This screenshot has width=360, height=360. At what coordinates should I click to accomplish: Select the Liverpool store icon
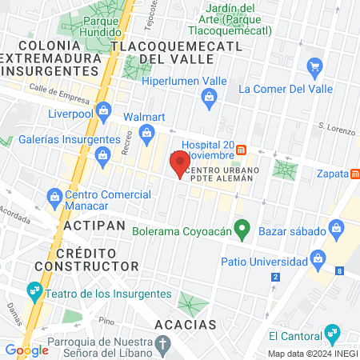pyautogui.click(x=102, y=110)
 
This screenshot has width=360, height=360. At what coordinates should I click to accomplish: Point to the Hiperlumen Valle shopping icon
pyautogui.click(x=210, y=98)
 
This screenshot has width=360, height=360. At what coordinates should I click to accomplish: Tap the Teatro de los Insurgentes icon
pyautogui.click(x=34, y=290)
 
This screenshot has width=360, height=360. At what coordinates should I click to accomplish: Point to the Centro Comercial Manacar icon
pyautogui.click(x=54, y=195)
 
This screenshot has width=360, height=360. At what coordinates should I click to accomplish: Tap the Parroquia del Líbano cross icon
pyautogui.click(x=163, y=346)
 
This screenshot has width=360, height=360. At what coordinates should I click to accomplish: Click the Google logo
pyautogui.click(x=26, y=350)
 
